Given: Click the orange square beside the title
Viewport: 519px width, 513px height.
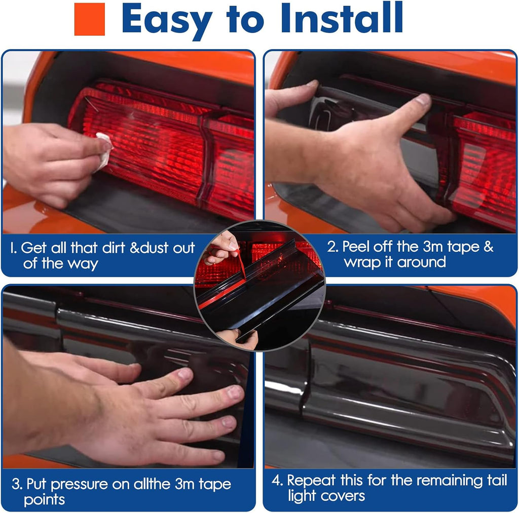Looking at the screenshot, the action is (89, 19).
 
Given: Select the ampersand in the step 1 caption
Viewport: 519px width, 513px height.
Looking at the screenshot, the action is (135, 248).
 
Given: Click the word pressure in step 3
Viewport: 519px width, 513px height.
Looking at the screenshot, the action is (80, 485).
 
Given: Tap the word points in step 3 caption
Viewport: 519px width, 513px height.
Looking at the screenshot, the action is (45, 500).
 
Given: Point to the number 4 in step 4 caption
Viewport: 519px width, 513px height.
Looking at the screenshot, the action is (277, 480).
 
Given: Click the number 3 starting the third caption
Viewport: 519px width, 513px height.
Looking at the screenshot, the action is (16, 484).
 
